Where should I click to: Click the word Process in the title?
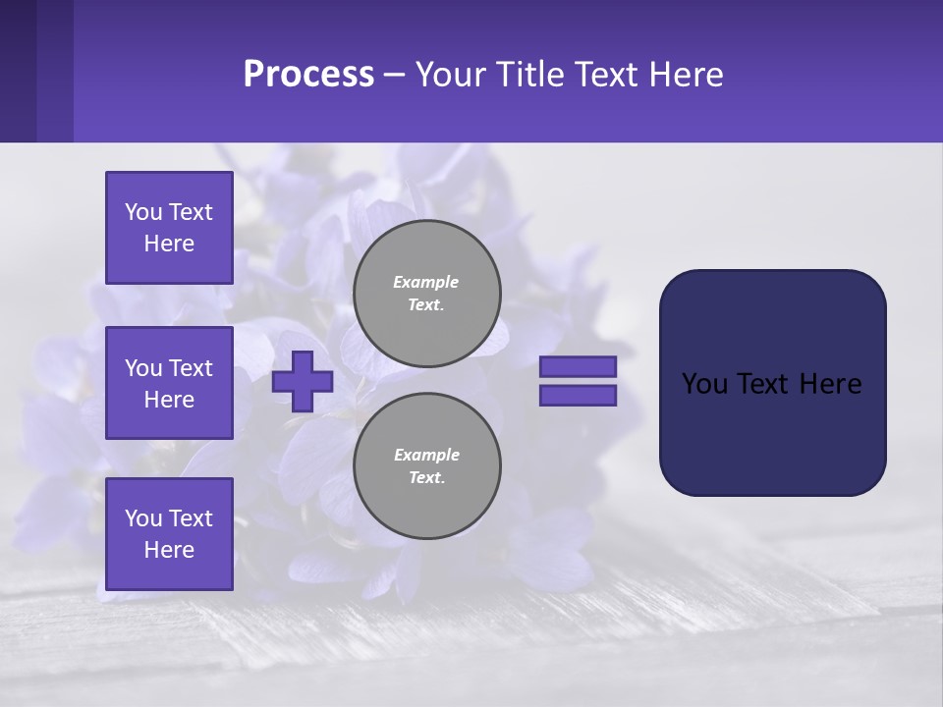308,75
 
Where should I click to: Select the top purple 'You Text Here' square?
169,228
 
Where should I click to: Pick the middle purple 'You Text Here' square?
169,383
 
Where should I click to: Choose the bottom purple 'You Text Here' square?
169,533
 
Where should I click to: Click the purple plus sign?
303,381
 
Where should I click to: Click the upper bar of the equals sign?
578,366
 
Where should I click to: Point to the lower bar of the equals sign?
578,395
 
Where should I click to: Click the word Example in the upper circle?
426,282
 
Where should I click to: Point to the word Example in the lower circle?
426,455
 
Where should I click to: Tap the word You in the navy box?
703,384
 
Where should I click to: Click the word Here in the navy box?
830,384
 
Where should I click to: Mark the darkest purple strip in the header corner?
18,71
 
